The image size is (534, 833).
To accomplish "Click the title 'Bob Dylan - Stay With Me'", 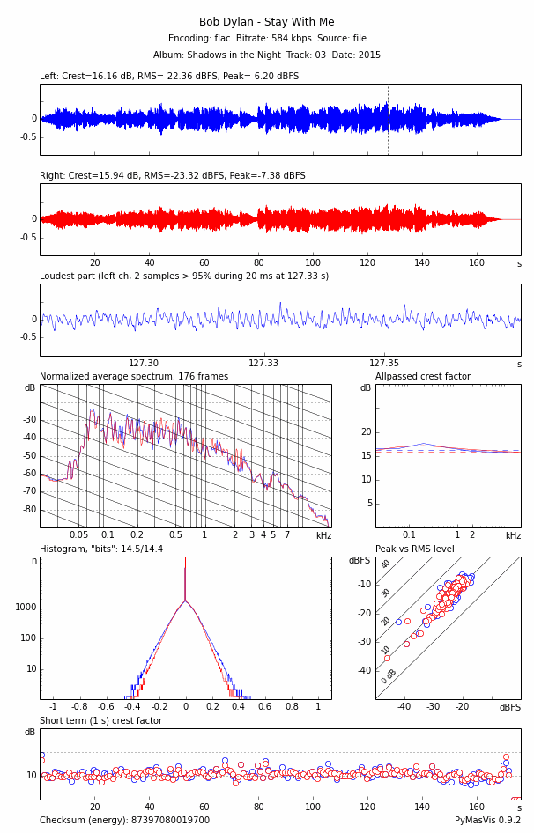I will coord(267,22).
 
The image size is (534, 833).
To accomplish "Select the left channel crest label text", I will coord(169,77).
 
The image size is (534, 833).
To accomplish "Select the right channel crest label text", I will coord(173,176).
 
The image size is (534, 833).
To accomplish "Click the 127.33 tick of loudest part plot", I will coord(263,363).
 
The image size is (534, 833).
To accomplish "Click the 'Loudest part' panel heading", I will coord(184,276).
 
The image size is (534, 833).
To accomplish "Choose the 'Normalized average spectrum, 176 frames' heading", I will coord(134,377).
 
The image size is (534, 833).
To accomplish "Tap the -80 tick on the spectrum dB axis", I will coord(30,510).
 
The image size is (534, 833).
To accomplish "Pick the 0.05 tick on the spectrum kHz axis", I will coord(78,535).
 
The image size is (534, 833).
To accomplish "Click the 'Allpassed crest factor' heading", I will coord(423,377).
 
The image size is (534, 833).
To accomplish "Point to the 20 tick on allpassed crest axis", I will coord(367,431).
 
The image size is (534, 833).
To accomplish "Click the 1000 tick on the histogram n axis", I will coord(26,607).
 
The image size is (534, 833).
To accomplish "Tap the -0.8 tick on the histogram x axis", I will coord(79,706).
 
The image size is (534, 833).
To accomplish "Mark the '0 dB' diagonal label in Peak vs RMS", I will coord(388,677).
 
